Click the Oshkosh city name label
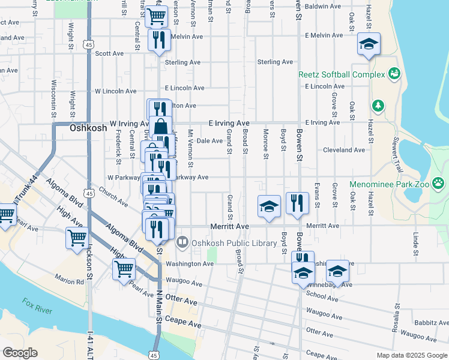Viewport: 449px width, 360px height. click(x=88, y=128)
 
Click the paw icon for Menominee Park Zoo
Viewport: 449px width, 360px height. click(x=439, y=183)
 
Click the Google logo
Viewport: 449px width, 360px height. click(x=20, y=352)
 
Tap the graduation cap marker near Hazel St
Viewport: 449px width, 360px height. click(x=369, y=44)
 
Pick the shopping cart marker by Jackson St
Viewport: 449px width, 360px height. click(x=77, y=238)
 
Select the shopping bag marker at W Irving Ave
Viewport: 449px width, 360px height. click(x=161, y=127)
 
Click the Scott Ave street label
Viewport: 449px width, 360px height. click(x=109, y=53)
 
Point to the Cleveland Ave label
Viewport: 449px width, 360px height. click(x=343, y=150)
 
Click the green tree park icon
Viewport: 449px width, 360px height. click(x=378, y=106)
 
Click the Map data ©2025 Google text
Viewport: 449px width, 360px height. click(x=412, y=355)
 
